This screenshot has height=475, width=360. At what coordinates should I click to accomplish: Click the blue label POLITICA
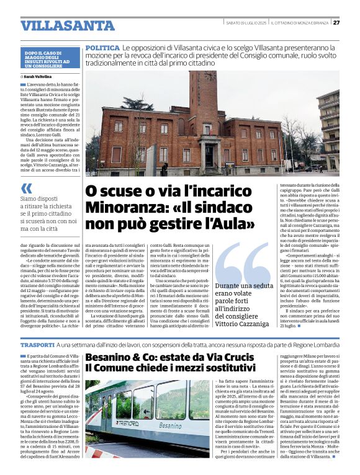103,48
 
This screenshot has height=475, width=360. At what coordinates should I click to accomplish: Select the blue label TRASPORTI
37,344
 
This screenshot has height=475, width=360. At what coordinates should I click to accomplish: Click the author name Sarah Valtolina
38,76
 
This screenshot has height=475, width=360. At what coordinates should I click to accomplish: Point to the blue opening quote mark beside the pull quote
26,189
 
